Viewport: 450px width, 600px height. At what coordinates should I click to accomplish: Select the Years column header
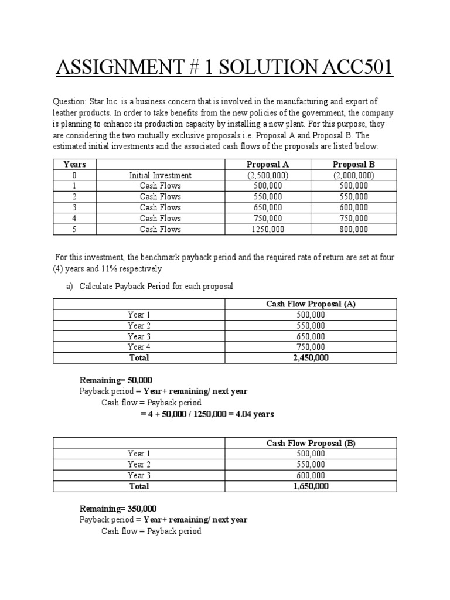click(74, 164)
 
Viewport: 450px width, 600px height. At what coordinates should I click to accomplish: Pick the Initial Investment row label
click(160, 175)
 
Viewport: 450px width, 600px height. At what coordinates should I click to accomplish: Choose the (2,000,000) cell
click(354, 175)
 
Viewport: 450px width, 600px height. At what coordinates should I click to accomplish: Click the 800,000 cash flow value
click(354, 229)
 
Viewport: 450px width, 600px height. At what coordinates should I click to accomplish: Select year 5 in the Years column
click(74, 229)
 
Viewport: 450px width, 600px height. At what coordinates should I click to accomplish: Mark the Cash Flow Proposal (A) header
click(311, 304)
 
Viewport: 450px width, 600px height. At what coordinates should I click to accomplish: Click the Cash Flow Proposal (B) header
click(311, 443)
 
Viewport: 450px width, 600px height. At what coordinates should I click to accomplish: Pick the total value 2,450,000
click(311, 357)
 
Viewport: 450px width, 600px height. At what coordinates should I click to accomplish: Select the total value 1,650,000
click(311, 486)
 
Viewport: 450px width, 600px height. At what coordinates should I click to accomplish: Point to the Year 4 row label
click(139, 347)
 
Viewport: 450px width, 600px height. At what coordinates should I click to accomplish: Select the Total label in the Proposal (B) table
click(139, 486)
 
